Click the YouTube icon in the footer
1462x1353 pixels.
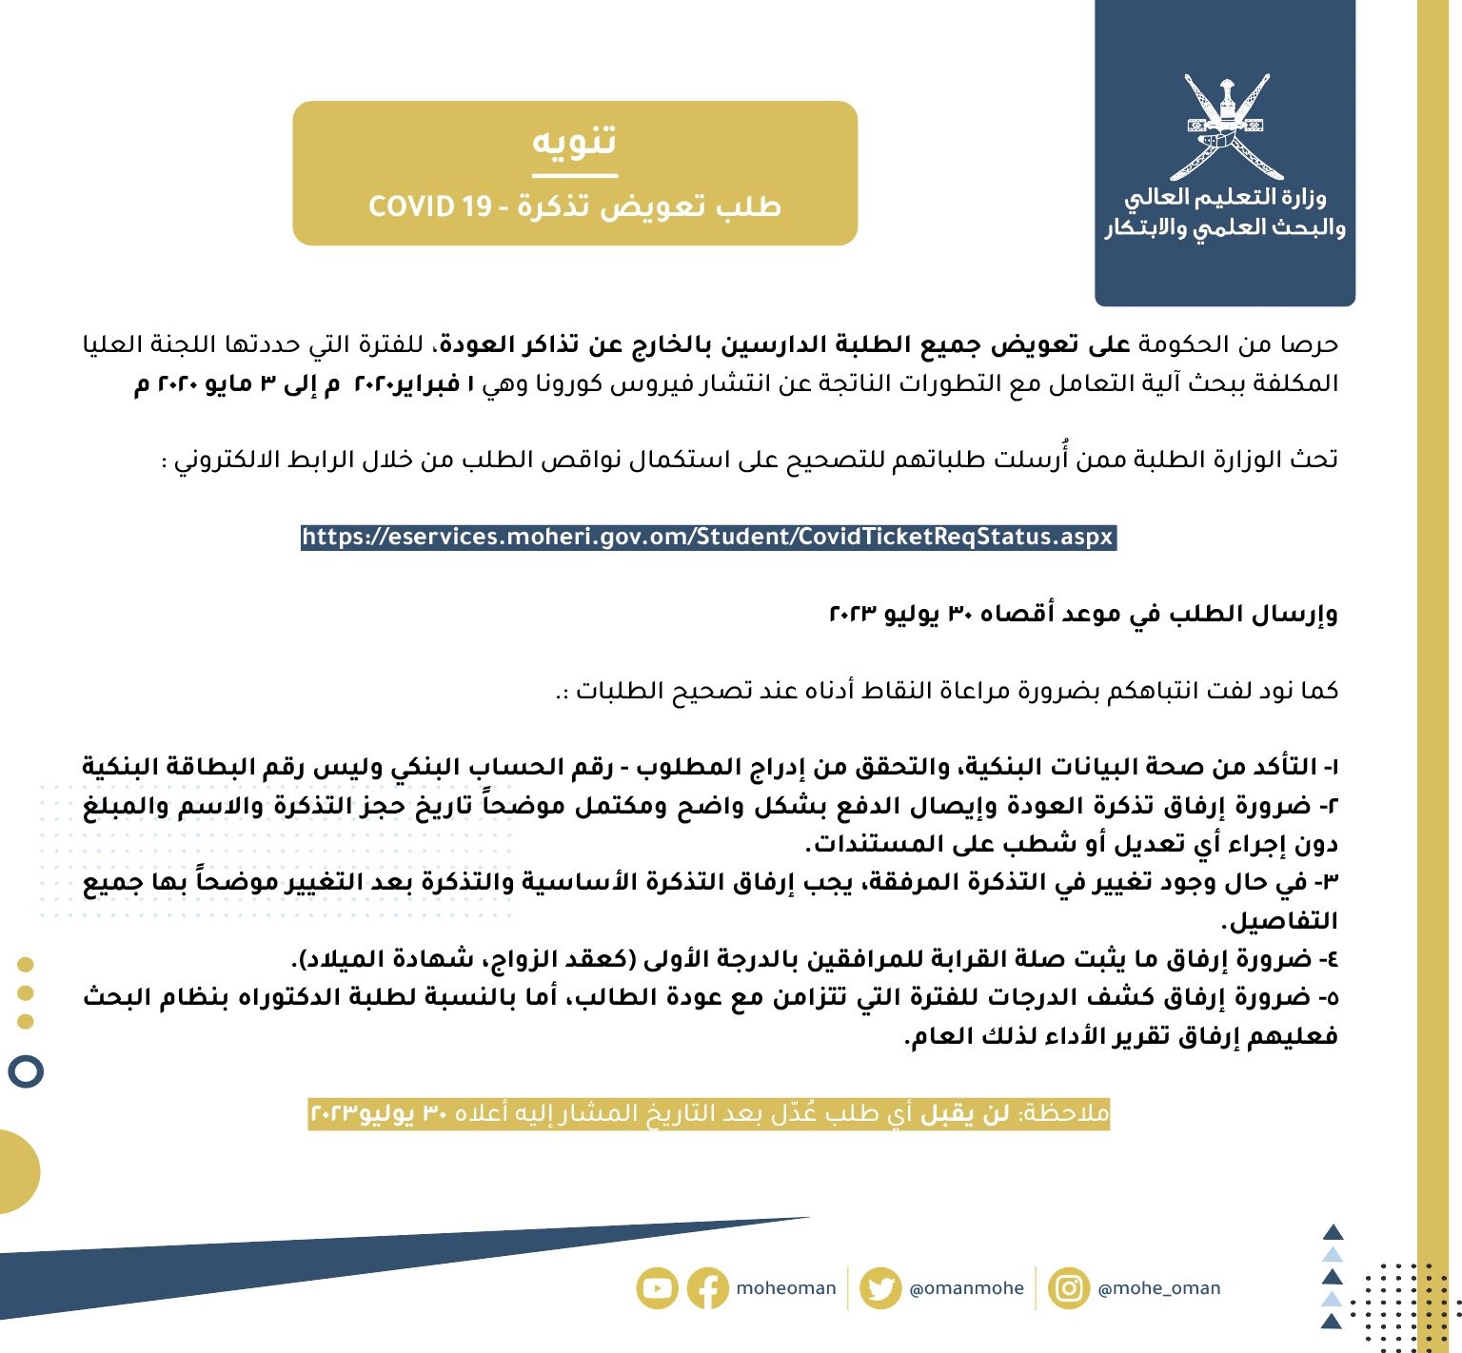(657, 1289)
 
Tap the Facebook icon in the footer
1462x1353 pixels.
(707, 1289)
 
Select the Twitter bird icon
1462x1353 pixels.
(880, 1289)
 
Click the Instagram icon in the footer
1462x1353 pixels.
(1069, 1289)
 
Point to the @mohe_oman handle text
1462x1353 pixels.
(1158, 1289)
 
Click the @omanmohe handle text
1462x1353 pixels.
(966, 1289)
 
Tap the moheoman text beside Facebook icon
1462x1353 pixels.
(785, 1289)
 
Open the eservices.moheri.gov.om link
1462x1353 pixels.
(707, 537)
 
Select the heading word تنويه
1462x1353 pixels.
(574, 141)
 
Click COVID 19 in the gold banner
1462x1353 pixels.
(429, 206)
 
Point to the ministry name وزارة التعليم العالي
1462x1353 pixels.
(1225, 198)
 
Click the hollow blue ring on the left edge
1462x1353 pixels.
(26, 1072)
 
